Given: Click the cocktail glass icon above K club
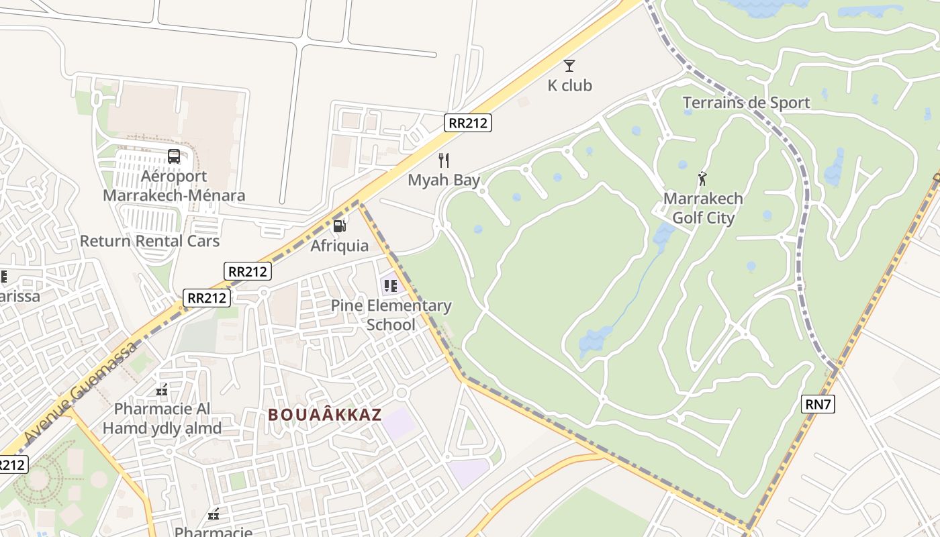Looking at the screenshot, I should [x=569, y=65].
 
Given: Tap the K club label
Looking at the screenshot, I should [x=569, y=85].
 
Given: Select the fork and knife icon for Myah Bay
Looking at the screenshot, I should [x=443, y=160].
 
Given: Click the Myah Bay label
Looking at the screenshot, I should [x=444, y=180].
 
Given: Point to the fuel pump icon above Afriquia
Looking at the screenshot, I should [x=340, y=226].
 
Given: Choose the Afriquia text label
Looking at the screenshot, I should [x=339, y=246].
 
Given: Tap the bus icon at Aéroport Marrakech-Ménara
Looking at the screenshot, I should [x=174, y=156].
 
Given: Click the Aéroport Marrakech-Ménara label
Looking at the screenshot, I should [x=174, y=186].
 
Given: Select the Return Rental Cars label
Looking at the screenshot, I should [x=150, y=240].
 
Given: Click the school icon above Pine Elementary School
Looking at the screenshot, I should [x=391, y=286].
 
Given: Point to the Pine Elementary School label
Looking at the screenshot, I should [x=391, y=315].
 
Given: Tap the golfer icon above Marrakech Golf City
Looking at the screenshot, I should [x=703, y=179].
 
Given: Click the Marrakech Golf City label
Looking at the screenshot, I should [x=703, y=208].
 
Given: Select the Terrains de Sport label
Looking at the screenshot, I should [x=746, y=103].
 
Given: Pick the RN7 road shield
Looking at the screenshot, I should [x=818, y=403].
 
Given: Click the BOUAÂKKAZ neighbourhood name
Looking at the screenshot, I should [x=325, y=415].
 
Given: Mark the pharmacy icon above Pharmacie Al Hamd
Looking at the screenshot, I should [x=162, y=390].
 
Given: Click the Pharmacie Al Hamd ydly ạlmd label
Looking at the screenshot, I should [x=162, y=418].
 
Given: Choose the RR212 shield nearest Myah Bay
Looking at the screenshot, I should [x=468, y=122].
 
